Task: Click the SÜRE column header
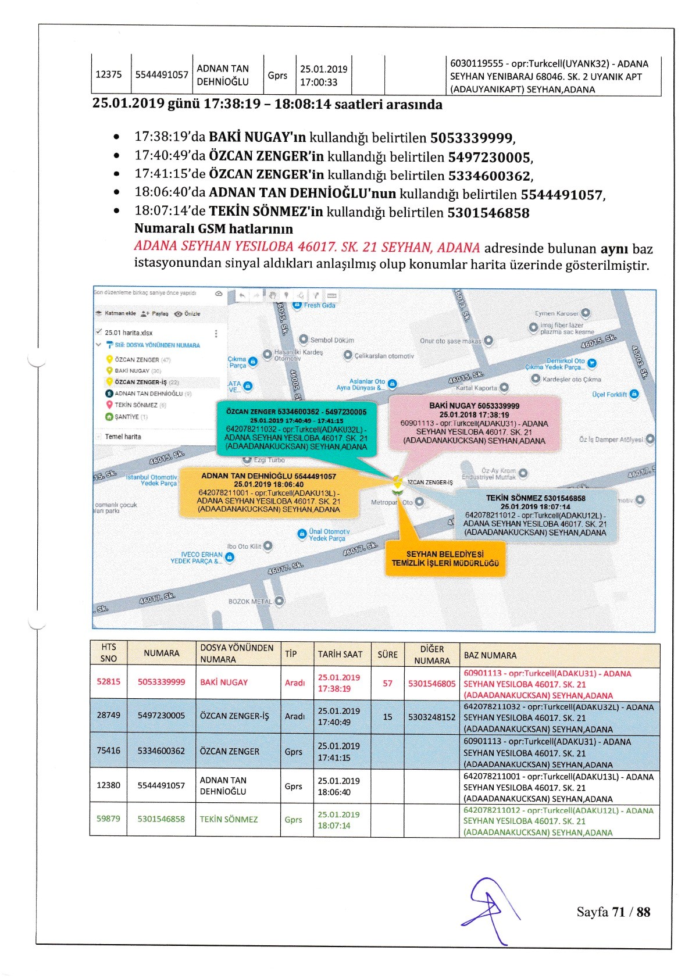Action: click(387, 654)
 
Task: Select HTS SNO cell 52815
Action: click(109, 681)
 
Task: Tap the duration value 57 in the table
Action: click(387, 683)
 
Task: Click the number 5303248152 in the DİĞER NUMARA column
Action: click(431, 717)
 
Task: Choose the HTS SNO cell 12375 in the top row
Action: click(109, 74)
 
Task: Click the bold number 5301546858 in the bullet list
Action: click(488, 213)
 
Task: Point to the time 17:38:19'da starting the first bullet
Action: click(169, 137)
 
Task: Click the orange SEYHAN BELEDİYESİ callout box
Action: click(445, 558)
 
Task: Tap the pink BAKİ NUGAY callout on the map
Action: click(474, 423)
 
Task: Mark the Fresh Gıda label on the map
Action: click(319, 305)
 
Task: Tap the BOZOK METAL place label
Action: click(250, 601)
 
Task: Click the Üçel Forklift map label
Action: click(609, 394)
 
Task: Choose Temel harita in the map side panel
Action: click(123, 437)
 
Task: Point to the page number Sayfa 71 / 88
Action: click(613, 912)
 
